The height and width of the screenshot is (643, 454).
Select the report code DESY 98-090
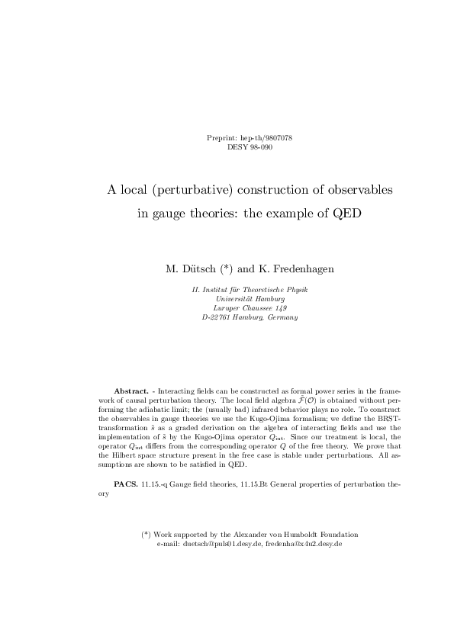coord(250,146)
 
